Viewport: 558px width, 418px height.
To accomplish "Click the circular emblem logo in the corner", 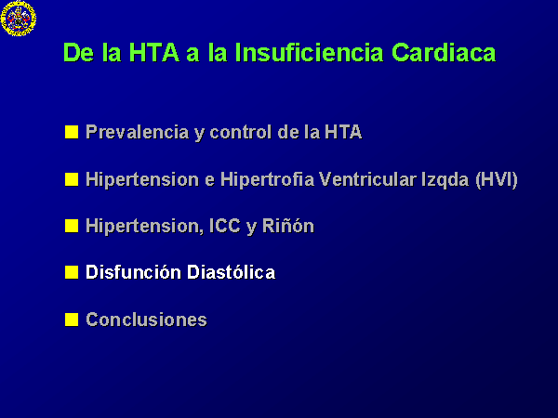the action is point(19,19).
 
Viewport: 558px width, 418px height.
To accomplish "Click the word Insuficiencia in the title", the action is point(309,53).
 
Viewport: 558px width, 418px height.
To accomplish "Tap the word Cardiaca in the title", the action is point(444,53).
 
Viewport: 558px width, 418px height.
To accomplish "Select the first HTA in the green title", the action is point(154,53).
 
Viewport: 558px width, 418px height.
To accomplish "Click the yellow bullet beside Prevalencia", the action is point(72,132).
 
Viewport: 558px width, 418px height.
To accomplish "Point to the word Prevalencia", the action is point(138,132).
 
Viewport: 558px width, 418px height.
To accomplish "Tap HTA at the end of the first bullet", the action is point(343,132).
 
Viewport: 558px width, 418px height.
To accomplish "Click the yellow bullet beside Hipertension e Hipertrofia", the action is point(72,179).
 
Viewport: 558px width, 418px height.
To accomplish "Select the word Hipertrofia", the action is point(267,179).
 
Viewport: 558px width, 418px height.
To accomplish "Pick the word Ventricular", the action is point(367,179).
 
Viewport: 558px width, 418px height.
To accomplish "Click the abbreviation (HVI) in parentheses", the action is point(497,179).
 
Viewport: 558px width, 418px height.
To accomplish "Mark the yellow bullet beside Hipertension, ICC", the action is point(72,226).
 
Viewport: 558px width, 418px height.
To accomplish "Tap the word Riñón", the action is point(288,226).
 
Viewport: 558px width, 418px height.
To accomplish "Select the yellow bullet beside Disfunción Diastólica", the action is point(72,272).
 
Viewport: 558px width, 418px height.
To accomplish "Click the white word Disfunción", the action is point(133,272).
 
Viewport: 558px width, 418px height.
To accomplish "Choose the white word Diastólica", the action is point(231,272).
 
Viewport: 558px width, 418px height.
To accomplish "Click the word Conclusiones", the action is point(146,320).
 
